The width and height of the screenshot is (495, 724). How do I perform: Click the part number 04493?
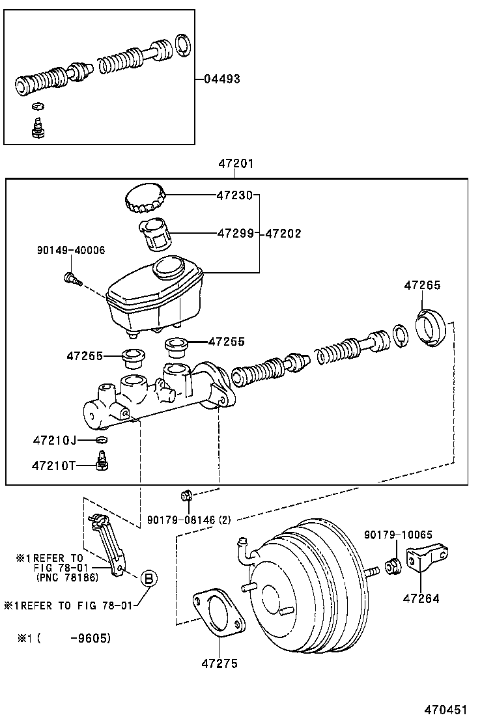point(221,79)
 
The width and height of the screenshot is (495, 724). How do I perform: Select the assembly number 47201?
point(236,164)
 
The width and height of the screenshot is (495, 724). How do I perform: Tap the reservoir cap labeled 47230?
point(144,198)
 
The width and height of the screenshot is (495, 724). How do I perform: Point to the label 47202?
point(282,234)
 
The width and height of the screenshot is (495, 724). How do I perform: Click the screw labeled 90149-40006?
point(71,279)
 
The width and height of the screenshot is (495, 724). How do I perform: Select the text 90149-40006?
point(71,250)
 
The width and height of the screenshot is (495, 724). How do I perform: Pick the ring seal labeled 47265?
point(430,329)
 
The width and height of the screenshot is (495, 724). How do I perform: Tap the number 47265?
point(422,285)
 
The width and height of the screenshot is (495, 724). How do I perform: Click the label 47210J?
point(55,441)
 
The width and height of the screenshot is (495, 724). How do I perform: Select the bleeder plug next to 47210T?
point(102,465)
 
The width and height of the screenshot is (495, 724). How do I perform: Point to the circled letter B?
point(148,578)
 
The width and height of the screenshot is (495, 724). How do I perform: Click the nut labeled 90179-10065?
point(393,565)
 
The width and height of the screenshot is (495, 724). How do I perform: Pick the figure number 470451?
point(445,710)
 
